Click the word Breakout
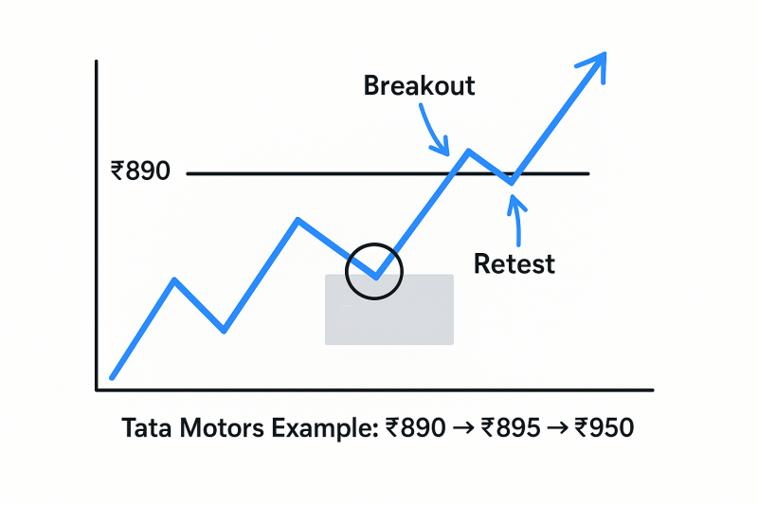(x=419, y=85)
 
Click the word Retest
(x=514, y=263)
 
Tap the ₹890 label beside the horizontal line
(x=140, y=171)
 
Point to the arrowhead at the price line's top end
(x=605, y=54)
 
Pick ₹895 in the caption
(x=511, y=427)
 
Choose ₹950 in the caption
(x=605, y=427)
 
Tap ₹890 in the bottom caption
(x=416, y=427)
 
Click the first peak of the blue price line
(x=174, y=280)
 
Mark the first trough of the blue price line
(x=224, y=331)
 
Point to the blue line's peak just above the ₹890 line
(x=468, y=152)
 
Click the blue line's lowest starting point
(x=112, y=377)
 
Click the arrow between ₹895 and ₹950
(x=557, y=428)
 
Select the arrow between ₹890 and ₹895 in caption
(x=463, y=428)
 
